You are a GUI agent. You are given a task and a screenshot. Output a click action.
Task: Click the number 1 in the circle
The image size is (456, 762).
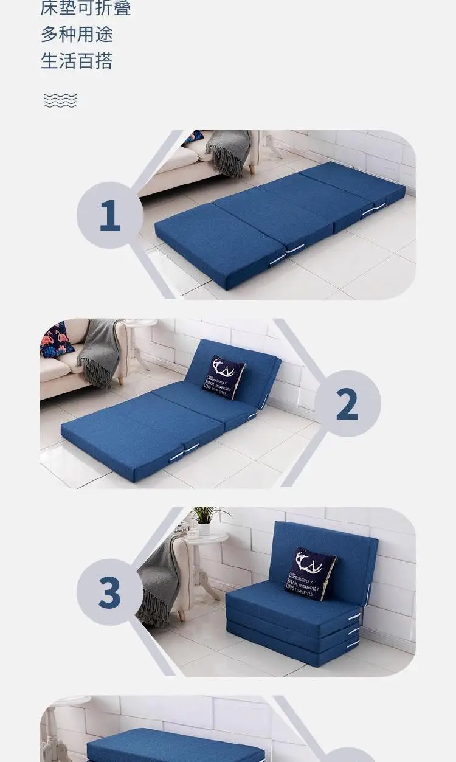(x=109, y=215)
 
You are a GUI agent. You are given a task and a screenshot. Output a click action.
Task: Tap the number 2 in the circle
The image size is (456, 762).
(x=347, y=404)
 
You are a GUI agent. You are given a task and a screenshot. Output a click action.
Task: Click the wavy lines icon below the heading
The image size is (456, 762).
(x=60, y=100)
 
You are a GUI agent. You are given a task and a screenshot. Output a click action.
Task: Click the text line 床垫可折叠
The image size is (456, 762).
(x=86, y=8)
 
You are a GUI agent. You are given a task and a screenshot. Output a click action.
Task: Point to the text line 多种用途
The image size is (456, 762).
(x=77, y=34)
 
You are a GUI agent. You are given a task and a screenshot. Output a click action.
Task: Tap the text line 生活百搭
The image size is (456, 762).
(x=77, y=61)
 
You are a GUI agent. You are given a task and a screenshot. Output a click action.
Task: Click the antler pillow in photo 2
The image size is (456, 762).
(x=223, y=377)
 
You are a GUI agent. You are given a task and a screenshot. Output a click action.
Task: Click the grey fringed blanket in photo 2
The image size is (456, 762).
(x=100, y=351)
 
